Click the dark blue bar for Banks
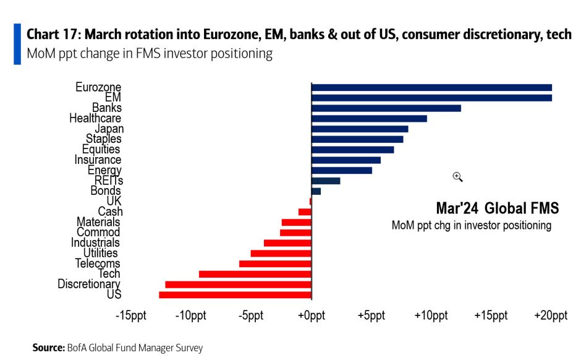coord(386,108)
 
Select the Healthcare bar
coord(369,118)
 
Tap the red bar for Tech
coord(255,274)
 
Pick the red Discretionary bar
coord(238,285)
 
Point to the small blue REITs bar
coord(326,181)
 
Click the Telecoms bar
coord(275,264)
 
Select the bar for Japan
coord(360,129)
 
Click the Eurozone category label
coord(98,87)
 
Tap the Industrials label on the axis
coord(95,243)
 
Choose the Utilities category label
coord(100,253)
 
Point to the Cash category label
coord(110,212)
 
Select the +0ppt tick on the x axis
coord(312,316)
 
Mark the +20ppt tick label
coord(551,316)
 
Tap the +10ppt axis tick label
coord(431,316)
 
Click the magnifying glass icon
coord(457,177)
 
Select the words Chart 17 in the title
coord(52,33)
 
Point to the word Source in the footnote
coord(47,348)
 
